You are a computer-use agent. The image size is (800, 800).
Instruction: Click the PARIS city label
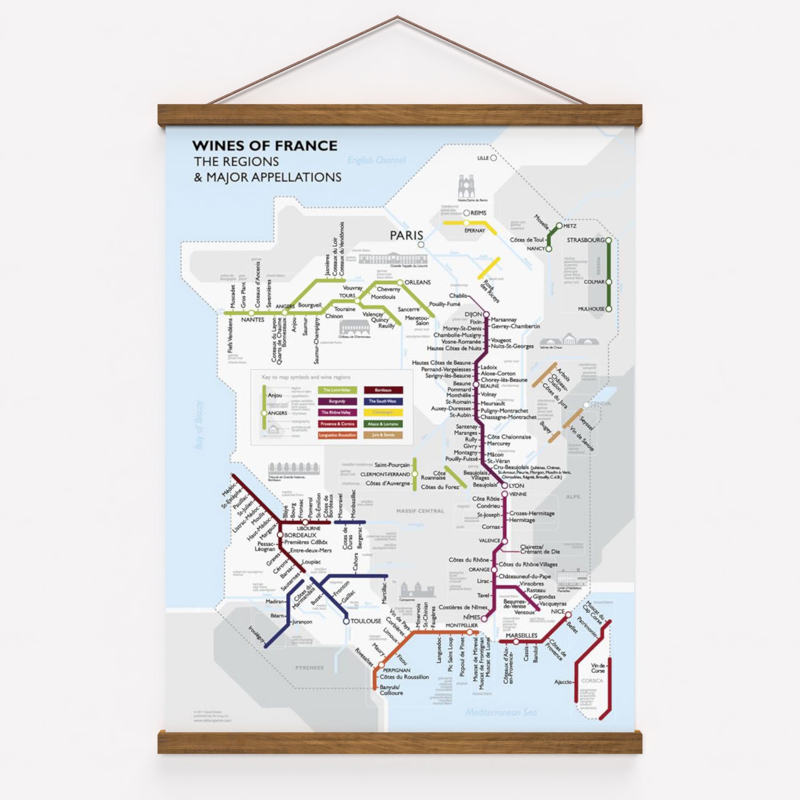[406, 235]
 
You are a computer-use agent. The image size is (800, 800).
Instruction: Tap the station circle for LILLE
[493, 158]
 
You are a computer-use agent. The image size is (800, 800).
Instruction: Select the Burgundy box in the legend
[337, 401]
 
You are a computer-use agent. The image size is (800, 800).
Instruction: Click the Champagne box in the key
[383, 412]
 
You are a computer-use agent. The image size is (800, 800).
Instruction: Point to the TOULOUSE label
[366, 621]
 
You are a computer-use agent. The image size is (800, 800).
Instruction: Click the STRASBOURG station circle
[608, 240]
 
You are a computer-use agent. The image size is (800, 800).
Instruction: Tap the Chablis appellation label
[458, 296]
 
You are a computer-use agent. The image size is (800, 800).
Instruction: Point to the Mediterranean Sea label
[501, 712]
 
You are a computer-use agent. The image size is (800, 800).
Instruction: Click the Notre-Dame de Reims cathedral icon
[466, 187]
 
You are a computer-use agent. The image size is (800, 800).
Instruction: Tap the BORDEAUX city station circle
[280, 535]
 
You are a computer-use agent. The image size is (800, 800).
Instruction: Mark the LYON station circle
[504, 486]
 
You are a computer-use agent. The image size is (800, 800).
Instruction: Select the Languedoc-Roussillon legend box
[337, 435]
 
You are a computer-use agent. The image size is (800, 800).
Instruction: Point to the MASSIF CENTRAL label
[420, 511]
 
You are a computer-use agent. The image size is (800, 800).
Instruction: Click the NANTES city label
[252, 320]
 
